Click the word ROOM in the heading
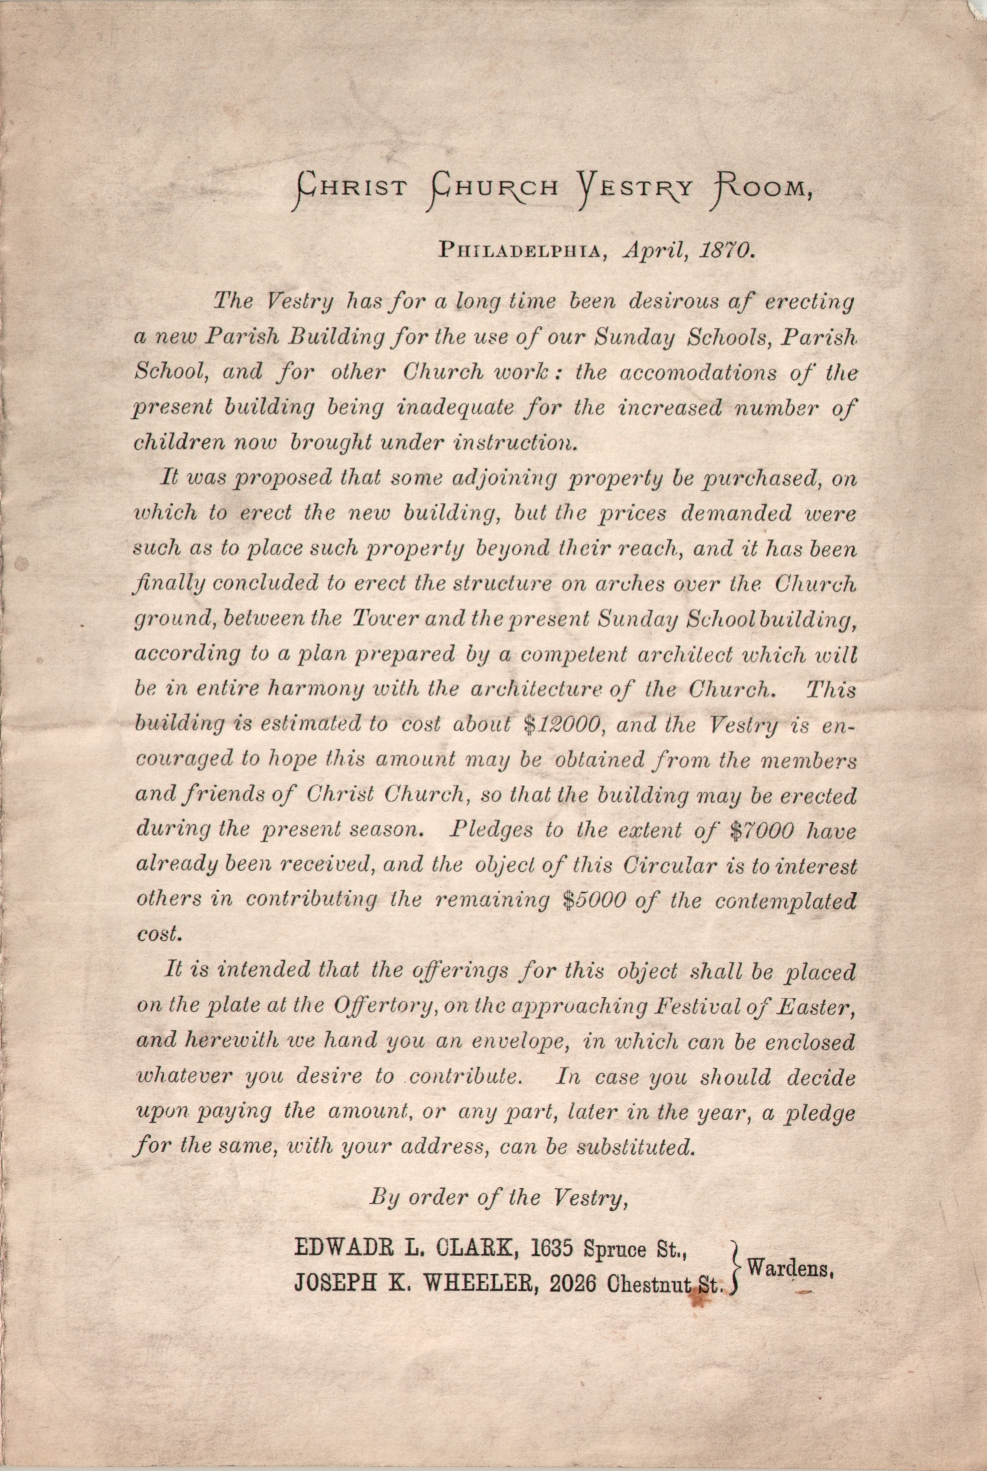tap(760, 187)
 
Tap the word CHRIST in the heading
tap(351, 187)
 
